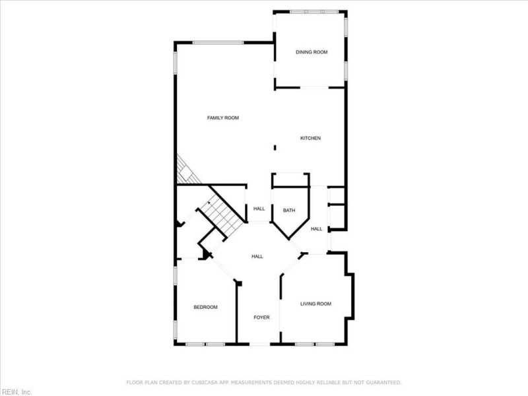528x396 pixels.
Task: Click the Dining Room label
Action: [311, 52]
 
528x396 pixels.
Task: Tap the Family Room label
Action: [222, 118]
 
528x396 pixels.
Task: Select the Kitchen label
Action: [310, 138]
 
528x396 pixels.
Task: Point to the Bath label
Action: [289, 211]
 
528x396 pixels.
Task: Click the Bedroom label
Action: [205, 307]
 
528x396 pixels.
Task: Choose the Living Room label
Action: [315, 304]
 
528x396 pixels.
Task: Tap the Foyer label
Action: [262, 317]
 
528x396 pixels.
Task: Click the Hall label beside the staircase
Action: [259, 209]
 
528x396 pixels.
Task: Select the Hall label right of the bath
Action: [317, 229]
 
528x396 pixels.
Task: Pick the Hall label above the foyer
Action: [257, 257]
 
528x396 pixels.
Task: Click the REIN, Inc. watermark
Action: [16, 391]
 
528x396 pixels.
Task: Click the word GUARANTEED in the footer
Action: [382, 382]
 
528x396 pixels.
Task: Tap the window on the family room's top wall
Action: [218, 43]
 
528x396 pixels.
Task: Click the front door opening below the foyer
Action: [259, 344]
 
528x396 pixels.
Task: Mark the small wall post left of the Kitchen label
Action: [275, 148]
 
